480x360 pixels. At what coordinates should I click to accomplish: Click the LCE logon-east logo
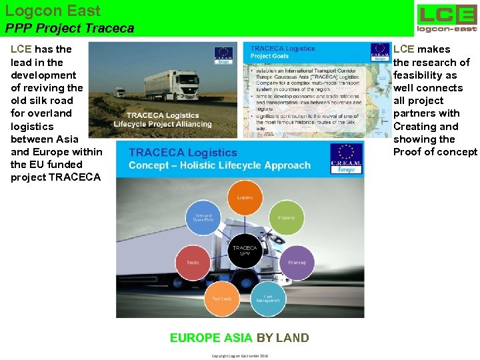(x=447, y=17)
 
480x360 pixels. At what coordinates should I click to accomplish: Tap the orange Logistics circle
(x=245, y=197)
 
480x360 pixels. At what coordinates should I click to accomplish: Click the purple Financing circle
(x=297, y=262)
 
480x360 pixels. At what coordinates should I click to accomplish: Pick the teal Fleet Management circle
(x=268, y=297)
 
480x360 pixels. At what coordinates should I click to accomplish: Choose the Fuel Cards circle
(x=221, y=298)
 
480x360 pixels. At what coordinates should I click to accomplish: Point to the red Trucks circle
(x=193, y=263)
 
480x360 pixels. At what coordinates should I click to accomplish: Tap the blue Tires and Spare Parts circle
(x=203, y=218)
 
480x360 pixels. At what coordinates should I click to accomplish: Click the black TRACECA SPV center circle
(x=245, y=251)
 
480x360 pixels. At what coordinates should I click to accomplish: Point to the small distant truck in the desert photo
(x=120, y=93)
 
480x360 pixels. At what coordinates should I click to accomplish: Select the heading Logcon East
(x=53, y=11)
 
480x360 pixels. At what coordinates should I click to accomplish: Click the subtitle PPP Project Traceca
(x=69, y=28)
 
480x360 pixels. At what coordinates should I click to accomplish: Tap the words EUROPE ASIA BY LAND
(x=239, y=337)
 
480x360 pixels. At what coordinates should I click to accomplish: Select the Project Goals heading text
(x=270, y=57)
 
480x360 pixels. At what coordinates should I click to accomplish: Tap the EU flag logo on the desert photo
(x=223, y=55)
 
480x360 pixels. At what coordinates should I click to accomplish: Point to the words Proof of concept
(x=435, y=151)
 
